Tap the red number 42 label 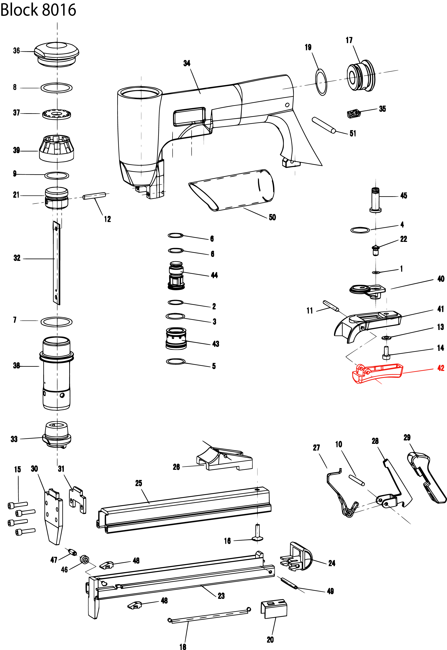[x=441, y=368]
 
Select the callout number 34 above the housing [x=187, y=63]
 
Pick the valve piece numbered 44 [x=176, y=276]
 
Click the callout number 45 [x=403, y=195]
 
